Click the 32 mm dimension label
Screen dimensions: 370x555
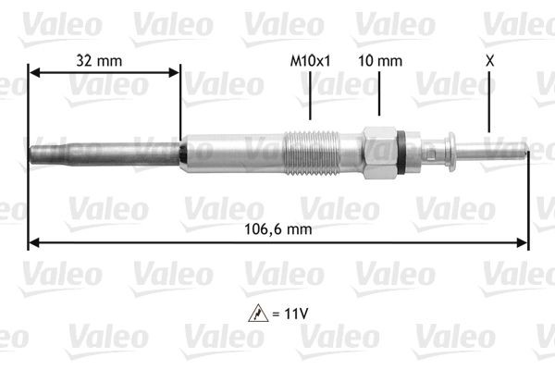pyautogui.click(x=97, y=60)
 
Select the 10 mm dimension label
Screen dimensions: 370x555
pyautogui.click(x=380, y=61)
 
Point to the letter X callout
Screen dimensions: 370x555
pyautogui.click(x=488, y=61)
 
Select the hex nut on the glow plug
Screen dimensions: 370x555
pyautogui.click(x=380, y=152)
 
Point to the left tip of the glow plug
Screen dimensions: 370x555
pyautogui.click(x=33, y=152)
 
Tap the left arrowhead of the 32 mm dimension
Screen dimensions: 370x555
pyautogui.click(x=34, y=72)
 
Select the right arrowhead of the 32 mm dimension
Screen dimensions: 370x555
pyautogui.click(x=175, y=72)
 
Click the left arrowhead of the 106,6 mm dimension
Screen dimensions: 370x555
pyautogui.click(x=34, y=242)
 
